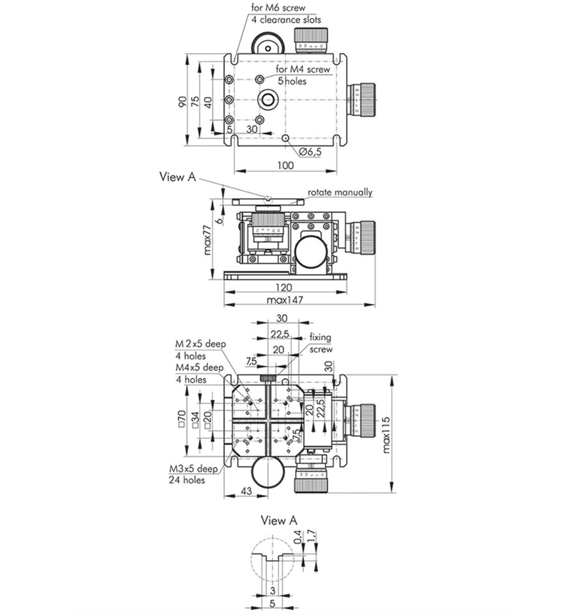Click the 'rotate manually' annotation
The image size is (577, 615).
pos(340,193)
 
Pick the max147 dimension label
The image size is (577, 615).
pos(285,300)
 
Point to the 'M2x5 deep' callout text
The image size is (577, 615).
pos(200,344)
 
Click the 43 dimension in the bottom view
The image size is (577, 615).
pos(245,491)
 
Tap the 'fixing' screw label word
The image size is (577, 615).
pos(320,338)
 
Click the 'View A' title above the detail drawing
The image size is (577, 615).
pos(278,520)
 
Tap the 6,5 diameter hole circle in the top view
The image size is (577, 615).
pos(285,138)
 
